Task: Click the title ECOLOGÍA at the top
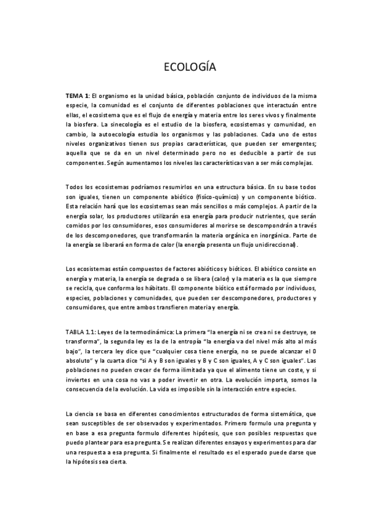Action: click(x=184, y=66)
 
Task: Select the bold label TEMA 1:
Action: click(x=78, y=96)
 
